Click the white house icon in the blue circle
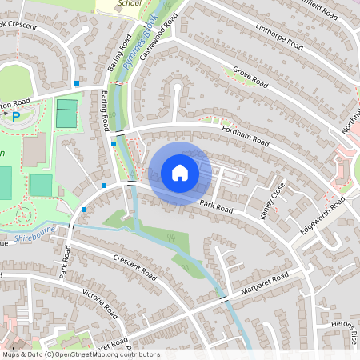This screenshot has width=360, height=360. point(180,173)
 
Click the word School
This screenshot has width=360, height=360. point(128,3)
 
